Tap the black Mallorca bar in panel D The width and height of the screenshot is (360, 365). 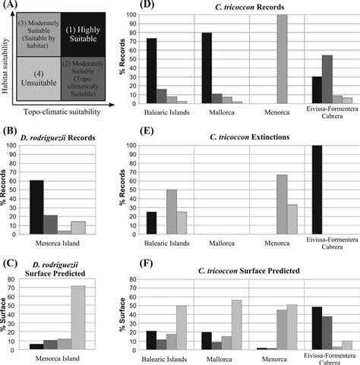206,68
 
